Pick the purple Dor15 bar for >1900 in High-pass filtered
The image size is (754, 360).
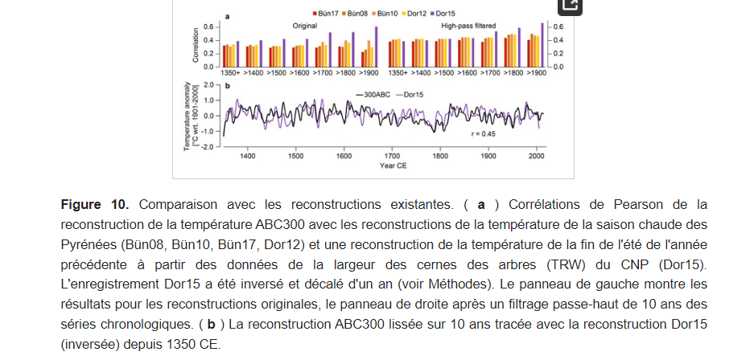pyautogui.click(x=542, y=44)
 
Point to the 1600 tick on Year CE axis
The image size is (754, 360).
pyautogui.click(x=344, y=157)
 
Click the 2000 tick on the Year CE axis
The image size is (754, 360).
pyautogui.click(x=537, y=157)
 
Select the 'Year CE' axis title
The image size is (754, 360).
pyautogui.click(x=393, y=166)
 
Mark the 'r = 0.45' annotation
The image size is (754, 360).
pyautogui.click(x=483, y=133)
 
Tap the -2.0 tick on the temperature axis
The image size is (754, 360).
pyautogui.click(x=205, y=147)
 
